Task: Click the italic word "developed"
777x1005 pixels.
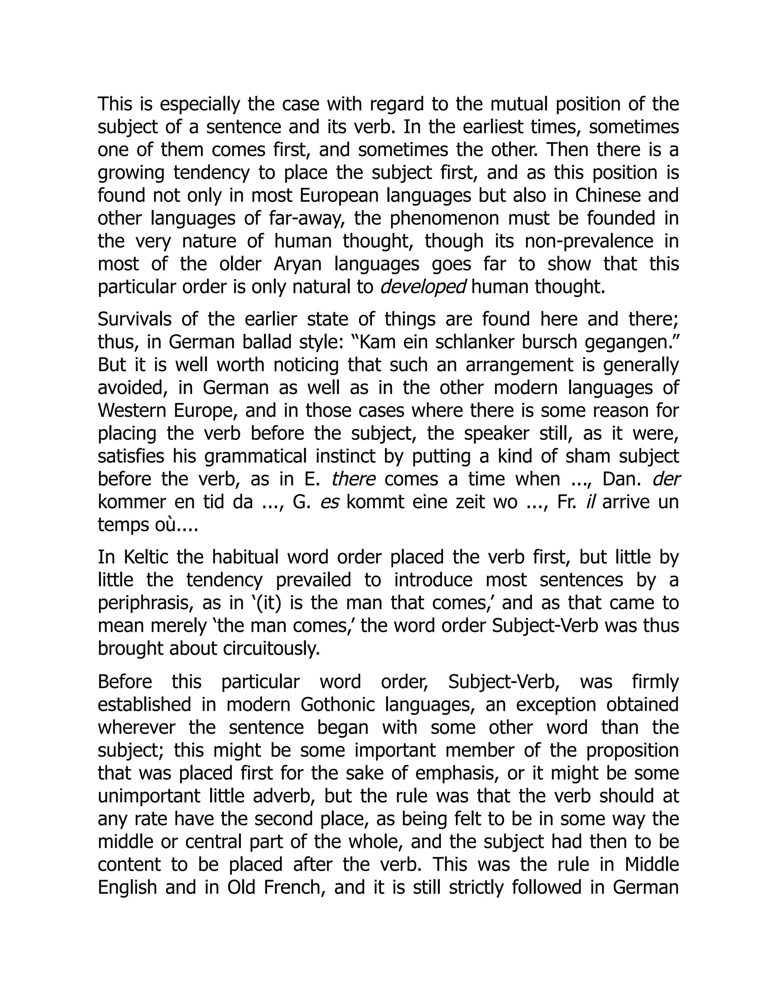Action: click(423, 287)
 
